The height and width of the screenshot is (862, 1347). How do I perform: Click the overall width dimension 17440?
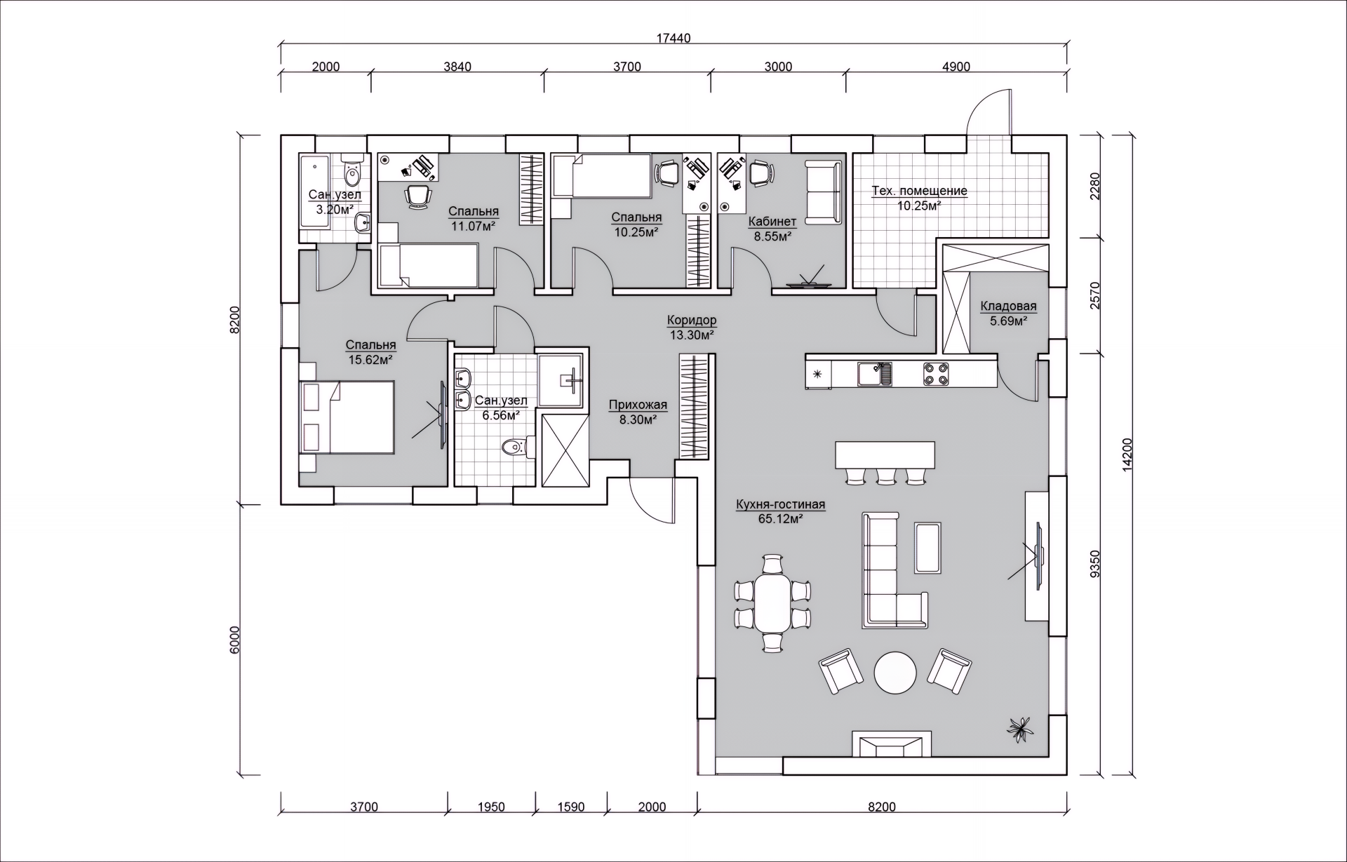[673, 39]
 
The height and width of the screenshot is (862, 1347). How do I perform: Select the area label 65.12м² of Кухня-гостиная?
[780, 519]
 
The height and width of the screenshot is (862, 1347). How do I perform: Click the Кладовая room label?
[1008, 306]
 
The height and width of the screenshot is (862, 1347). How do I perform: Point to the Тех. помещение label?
[919, 191]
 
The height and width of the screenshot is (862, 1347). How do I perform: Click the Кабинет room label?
[772, 222]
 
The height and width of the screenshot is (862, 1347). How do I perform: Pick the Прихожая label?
[638, 405]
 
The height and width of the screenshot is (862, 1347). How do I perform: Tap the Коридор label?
[692, 321]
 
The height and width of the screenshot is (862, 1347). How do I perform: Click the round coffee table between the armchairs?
[895, 672]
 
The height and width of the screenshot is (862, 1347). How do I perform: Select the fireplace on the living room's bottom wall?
[892, 744]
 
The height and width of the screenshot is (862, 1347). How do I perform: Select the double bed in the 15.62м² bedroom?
[347, 418]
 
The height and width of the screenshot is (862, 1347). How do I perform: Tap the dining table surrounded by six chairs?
[772, 602]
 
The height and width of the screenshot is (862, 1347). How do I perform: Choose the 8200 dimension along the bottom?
[882, 807]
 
